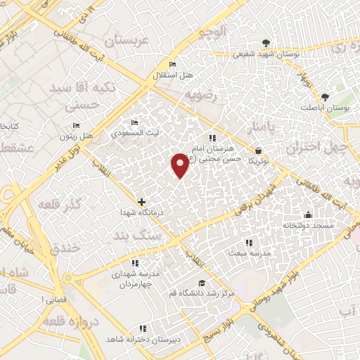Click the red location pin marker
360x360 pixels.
tap(181, 165)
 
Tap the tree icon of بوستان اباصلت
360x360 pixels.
tap(325, 98)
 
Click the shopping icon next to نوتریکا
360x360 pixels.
tap(259, 150)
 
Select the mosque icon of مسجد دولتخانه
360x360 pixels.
tap(307, 215)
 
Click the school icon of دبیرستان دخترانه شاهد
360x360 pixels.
tap(143, 328)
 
